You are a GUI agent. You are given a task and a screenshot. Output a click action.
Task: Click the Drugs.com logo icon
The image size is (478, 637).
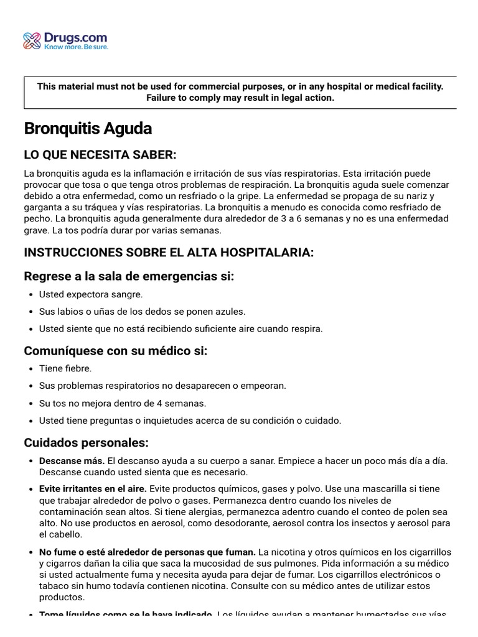click(x=32, y=41)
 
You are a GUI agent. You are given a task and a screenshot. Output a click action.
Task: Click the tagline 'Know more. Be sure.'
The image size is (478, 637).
click(x=76, y=47)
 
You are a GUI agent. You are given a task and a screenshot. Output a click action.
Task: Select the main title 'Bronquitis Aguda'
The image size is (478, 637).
click(x=88, y=129)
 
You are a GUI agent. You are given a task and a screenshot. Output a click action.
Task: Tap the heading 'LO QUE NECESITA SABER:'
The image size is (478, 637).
click(x=100, y=154)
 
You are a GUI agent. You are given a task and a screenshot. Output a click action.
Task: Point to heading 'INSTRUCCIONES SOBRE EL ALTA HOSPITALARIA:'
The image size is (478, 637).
click(x=169, y=252)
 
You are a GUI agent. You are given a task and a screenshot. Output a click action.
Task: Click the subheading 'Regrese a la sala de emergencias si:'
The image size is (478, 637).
click(x=129, y=276)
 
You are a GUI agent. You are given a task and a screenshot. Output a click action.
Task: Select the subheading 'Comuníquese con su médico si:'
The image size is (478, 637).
click(x=116, y=351)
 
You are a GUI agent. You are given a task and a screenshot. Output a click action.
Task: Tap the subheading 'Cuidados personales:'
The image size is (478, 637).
click(x=87, y=443)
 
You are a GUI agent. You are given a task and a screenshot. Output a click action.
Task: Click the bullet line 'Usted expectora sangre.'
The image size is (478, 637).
click(x=91, y=294)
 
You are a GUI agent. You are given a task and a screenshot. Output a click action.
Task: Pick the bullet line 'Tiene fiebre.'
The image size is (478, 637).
click(x=65, y=368)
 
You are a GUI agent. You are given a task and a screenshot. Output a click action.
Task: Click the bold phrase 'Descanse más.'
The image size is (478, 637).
click(x=72, y=461)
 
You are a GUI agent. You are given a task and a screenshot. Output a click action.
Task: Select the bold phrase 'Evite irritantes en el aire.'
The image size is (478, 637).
click(x=93, y=489)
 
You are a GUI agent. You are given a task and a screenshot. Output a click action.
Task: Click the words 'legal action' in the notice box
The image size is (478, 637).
click(x=309, y=98)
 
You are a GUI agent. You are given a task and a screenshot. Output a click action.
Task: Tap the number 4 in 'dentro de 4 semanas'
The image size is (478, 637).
click(x=161, y=403)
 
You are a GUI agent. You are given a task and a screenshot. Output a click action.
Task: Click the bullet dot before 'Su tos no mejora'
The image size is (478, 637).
click(x=31, y=403)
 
